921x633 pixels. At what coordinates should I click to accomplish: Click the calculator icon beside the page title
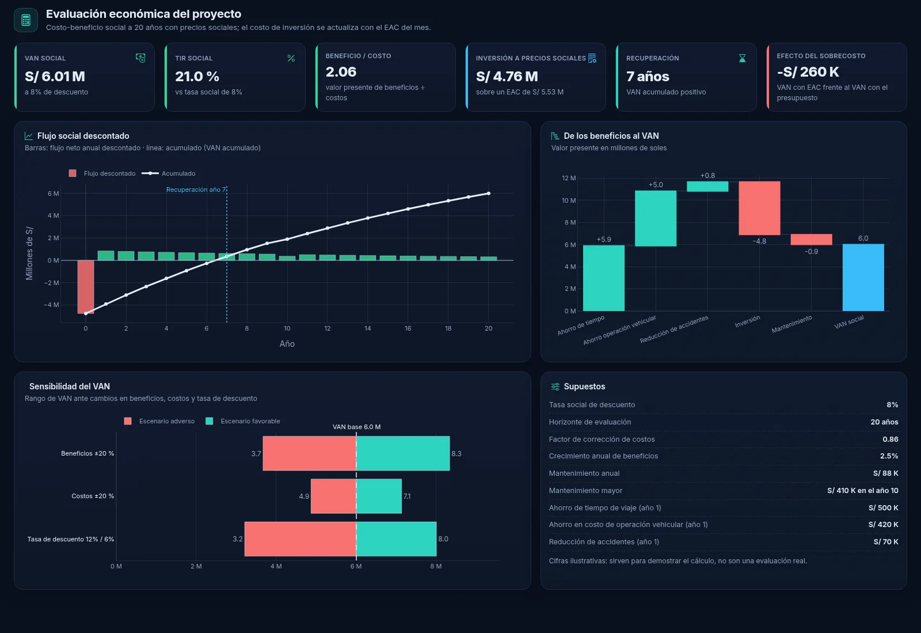coord(26,20)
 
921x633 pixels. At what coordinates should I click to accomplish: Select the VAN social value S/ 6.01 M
coord(55,77)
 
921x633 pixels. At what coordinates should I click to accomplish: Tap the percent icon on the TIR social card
coord(291,58)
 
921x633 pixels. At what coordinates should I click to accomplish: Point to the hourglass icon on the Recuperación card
coord(742,58)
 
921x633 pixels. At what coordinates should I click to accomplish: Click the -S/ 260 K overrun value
coord(808,72)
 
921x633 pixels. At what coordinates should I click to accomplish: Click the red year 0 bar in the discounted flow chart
coord(86,287)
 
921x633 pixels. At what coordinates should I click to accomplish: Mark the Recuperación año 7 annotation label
coord(196,189)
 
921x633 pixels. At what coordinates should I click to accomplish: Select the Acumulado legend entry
coord(169,173)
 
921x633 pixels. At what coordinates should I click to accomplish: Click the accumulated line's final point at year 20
coord(489,194)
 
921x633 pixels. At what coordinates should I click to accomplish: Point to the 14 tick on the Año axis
coord(368,328)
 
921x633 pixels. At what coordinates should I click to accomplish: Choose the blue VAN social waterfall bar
coord(863,278)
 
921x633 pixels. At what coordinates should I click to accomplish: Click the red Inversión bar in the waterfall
coord(759,208)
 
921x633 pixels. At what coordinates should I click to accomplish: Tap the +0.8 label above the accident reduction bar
coord(707,176)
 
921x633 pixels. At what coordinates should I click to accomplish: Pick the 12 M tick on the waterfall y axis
coord(569,178)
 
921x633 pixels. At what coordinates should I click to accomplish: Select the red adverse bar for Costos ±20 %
coord(333,496)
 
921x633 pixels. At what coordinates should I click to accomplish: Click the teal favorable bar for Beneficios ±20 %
coord(403,453)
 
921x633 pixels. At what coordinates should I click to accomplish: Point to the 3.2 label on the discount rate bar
coord(238,539)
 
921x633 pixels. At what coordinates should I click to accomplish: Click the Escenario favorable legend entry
coord(242,421)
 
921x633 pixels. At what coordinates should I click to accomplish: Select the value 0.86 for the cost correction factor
coord(890,439)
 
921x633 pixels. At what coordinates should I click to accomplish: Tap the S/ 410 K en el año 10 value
coord(863,491)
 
